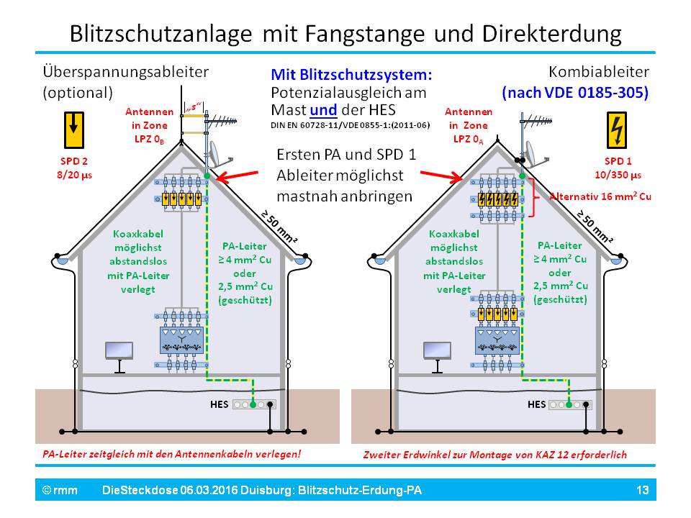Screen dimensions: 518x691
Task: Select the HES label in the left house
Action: coord(219,404)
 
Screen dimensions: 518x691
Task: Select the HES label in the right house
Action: coord(537,404)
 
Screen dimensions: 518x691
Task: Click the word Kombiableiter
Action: coord(599,72)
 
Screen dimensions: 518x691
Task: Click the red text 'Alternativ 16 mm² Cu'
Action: coord(600,196)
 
